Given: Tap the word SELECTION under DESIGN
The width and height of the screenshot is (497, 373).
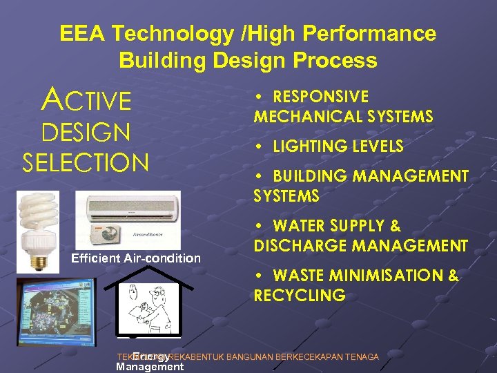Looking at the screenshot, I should (x=86, y=162).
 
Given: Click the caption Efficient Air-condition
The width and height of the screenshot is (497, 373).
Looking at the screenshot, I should (x=136, y=258).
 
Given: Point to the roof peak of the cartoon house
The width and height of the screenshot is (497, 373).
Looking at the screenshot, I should (x=147, y=267).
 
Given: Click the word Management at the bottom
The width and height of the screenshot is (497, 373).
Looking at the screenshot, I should (x=150, y=367).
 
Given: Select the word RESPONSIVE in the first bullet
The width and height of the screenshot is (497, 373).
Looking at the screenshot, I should (x=321, y=97).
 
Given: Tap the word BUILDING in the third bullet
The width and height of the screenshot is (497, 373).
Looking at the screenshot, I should (x=309, y=177).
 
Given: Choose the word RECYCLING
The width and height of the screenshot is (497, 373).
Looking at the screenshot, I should (x=299, y=296).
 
